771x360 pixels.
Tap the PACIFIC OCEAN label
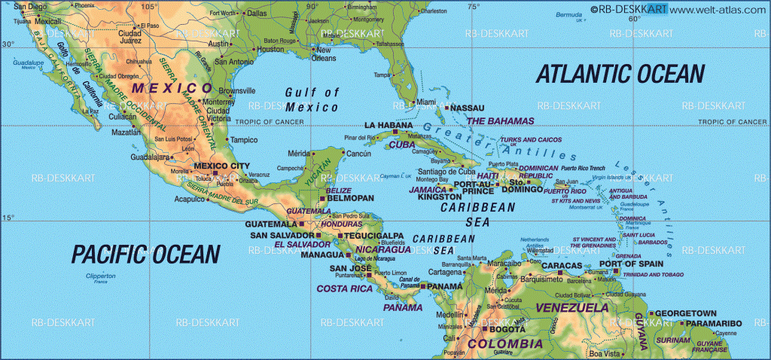(146, 253)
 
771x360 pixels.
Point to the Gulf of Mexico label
(312, 99)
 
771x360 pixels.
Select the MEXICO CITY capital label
(221, 166)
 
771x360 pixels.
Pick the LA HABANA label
(389, 124)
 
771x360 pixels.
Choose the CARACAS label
(562, 266)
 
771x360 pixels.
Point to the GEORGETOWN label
(684, 313)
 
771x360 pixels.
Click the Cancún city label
(358, 154)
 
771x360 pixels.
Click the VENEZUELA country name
(571, 307)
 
